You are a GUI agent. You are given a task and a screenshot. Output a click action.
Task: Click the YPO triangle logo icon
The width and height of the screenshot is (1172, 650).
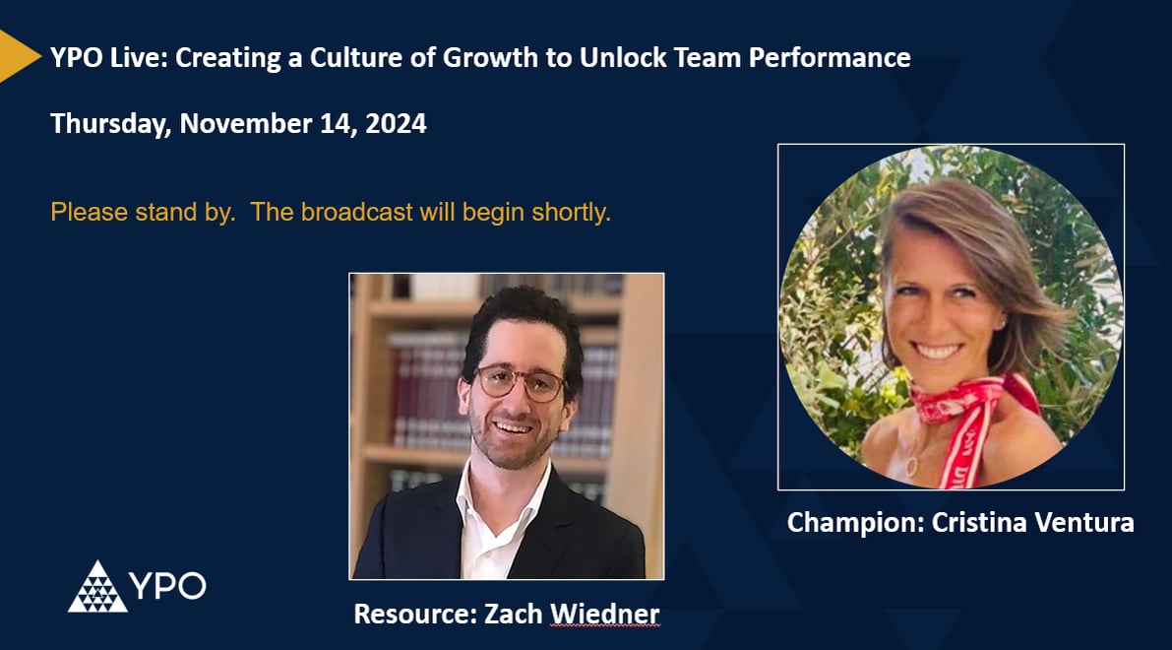click(96, 587)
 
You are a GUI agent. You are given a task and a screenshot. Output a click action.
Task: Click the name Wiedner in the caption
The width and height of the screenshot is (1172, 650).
click(604, 615)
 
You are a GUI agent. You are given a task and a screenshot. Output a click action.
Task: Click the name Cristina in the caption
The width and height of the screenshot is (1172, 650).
click(968, 523)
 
